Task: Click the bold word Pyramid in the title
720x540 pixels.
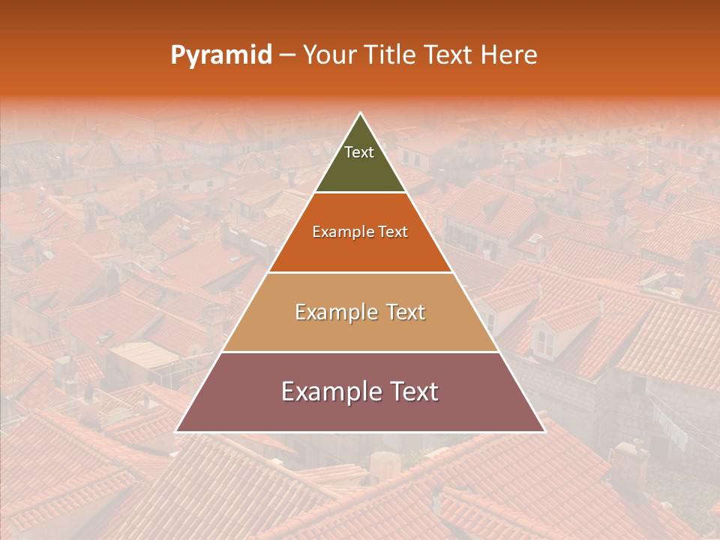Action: pyautogui.click(x=220, y=55)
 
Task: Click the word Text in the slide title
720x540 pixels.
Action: pyautogui.click(x=451, y=55)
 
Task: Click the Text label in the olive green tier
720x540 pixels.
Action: pyautogui.click(x=358, y=152)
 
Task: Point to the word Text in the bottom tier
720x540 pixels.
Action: pyautogui.click(x=413, y=391)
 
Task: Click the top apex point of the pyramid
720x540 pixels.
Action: pyautogui.click(x=360, y=114)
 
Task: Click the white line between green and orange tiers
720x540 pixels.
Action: pyautogui.click(x=360, y=193)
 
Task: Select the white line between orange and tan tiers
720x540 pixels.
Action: pyautogui.click(x=360, y=272)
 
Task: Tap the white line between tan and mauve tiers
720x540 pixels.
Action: pyautogui.click(x=360, y=352)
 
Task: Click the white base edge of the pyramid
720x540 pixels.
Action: pyautogui.click(x=360, y=432)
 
